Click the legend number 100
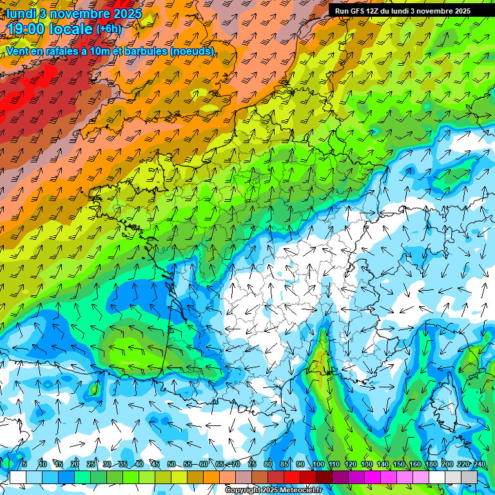coord(318,465)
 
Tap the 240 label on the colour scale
coord(480,465)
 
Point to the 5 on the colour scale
coord(24,465)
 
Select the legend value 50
coord(171,465)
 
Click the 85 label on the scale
coord(284,465)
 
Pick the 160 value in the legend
coord(415,465)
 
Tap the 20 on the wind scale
coord(75,465)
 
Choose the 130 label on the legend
coord(367,465)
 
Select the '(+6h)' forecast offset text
coord(108,29)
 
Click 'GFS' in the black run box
coord(357,11)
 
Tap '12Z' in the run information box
coord(373,11)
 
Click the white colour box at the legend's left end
coord(18,477)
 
